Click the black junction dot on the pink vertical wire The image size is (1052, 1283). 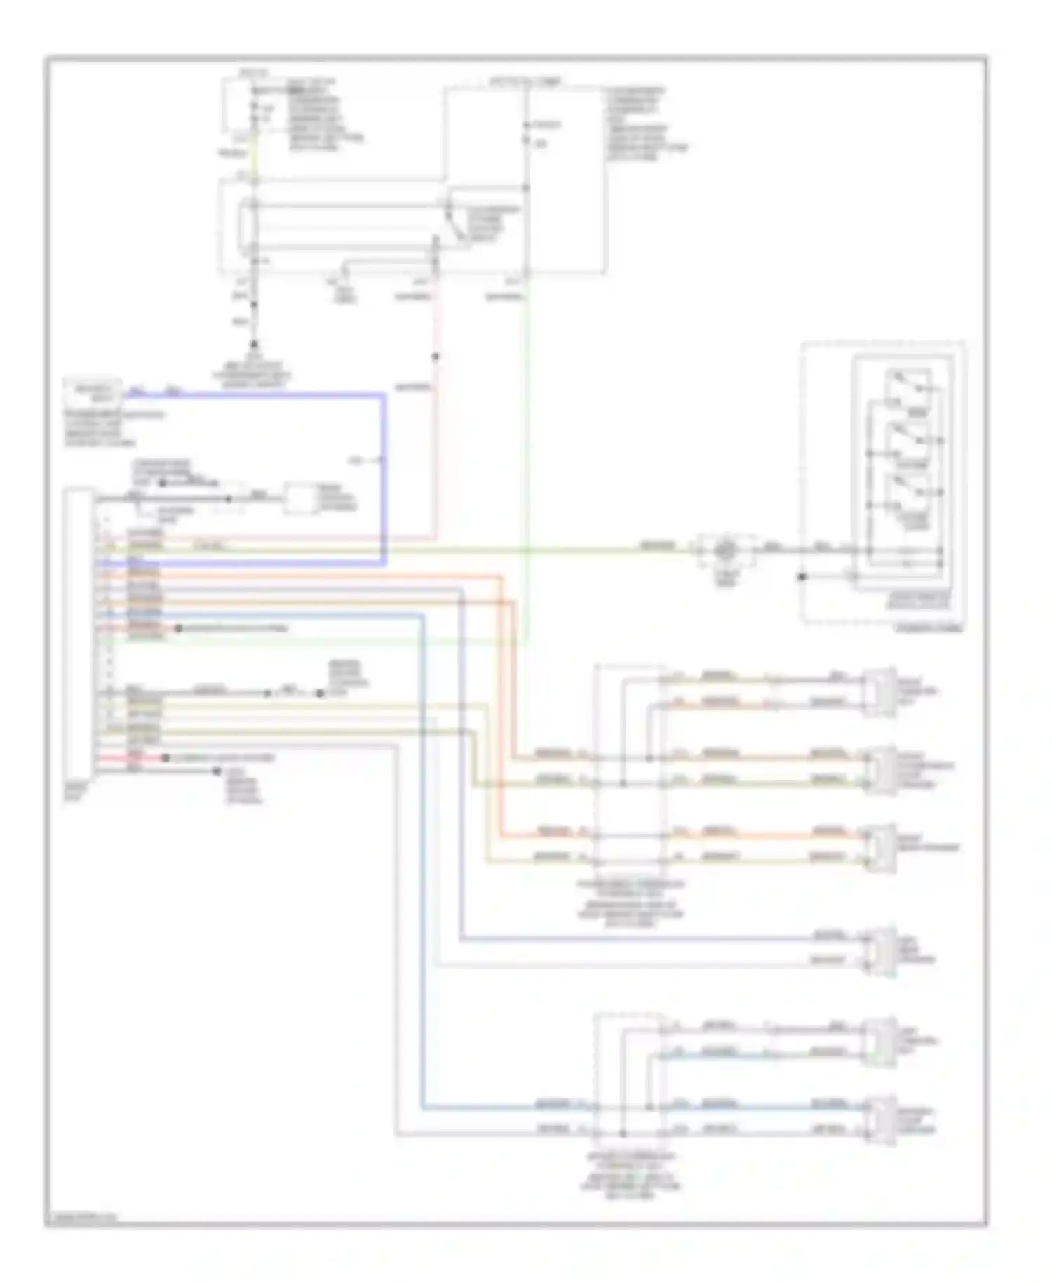tap(435, 357)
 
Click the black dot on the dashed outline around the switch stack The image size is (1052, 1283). tap(802, 577)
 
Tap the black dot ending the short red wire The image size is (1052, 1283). tap(166, 758)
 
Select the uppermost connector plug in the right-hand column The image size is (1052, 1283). tap(880, 691)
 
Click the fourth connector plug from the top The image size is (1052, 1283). tap(880, 951)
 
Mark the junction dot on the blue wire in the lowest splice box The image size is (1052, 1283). tap(649, 1108)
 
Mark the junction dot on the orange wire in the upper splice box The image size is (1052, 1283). tap(649, 758)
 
